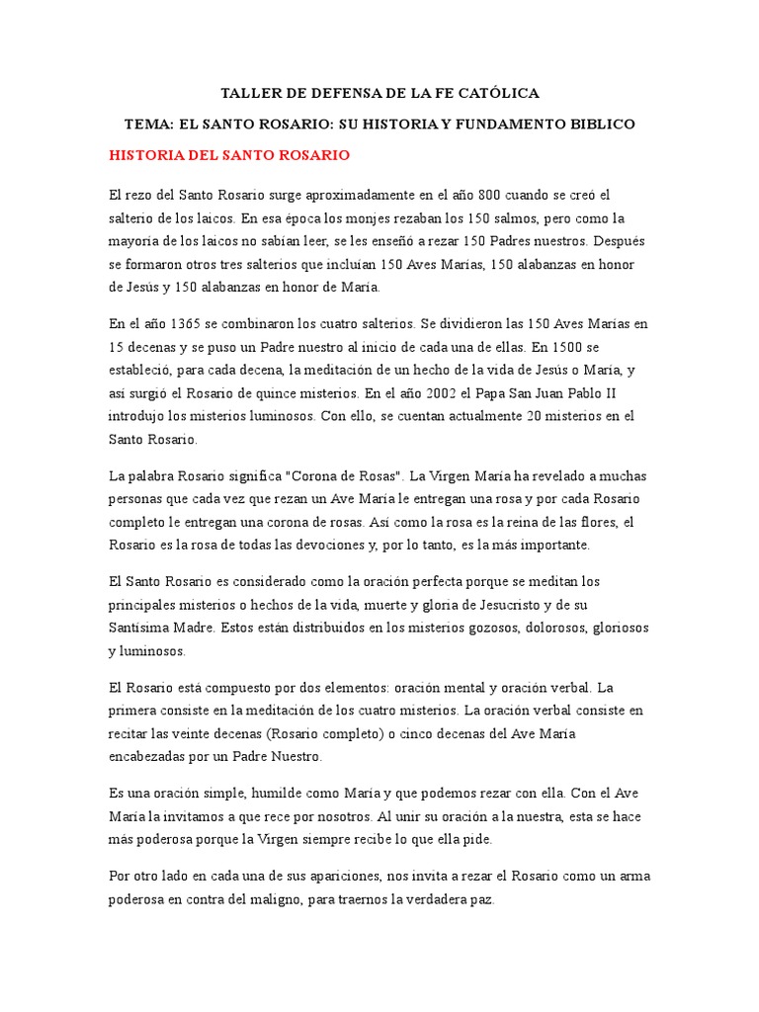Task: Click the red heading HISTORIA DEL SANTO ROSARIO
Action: (x=228, y=156)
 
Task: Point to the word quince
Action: (x=288, y=392)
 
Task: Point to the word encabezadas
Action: (x=153, y=756)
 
